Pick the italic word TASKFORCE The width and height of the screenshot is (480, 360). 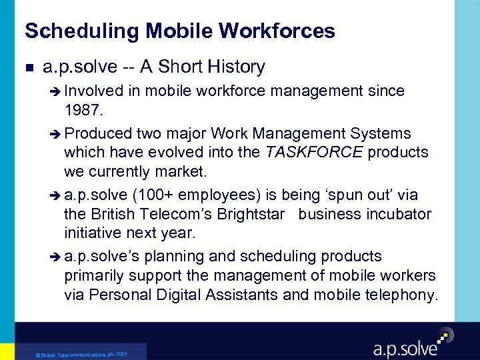pos(314,152)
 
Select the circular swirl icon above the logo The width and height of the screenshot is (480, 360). pos(444,335)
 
